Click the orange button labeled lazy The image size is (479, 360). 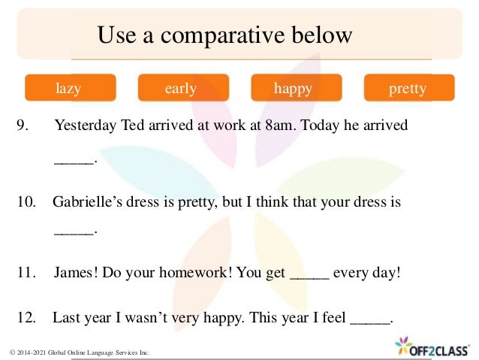(x=70, y=88)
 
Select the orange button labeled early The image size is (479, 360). (x=182, y=88)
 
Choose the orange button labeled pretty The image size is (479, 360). (x=408, y=88)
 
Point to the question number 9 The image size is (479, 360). (x=23, y=125)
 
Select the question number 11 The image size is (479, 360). (x=26, y=272)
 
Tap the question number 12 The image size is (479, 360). (x=26, y=318)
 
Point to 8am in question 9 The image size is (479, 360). (x=280, y=125)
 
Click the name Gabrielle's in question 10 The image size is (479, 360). (x=91, y=202)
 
